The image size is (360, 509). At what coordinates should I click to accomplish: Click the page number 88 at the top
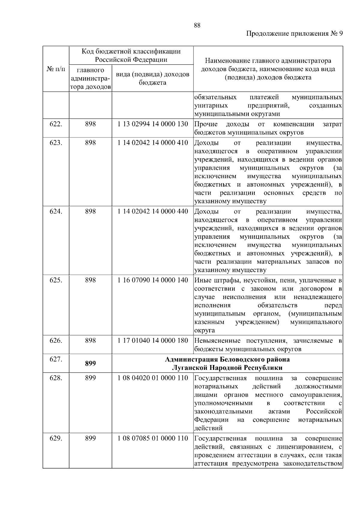pos(197,25)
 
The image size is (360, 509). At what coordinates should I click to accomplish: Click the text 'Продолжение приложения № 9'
pos(294,34)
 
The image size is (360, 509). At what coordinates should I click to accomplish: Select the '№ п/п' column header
pos(56,69)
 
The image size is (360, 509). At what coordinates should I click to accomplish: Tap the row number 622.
pos(56,124)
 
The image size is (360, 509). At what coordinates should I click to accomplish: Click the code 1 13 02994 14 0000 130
pos(153,124)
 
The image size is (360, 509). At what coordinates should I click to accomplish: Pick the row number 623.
pos(56,142)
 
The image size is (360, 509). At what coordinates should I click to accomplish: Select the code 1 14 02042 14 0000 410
pos(153,142)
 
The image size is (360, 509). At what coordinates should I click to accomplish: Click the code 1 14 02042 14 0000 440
pos(153,211)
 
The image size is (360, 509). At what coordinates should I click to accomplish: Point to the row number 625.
pos(56,280)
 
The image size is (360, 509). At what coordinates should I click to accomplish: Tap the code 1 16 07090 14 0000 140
pos(153,280)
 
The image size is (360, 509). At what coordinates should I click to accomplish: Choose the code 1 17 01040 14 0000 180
pos(153,341)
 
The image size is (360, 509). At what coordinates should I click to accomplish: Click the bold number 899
pos(90,364)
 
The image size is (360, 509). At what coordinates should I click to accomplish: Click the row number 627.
pos(56,359)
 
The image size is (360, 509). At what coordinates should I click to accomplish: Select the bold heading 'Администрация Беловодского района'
pos(227,359)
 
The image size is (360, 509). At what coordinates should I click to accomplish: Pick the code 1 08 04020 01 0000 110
pos(153,378)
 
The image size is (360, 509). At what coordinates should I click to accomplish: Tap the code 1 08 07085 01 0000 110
pos(153,439)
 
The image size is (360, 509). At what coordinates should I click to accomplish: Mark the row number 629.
pos(56,439)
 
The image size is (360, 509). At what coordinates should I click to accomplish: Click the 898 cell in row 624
pos(90,211)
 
